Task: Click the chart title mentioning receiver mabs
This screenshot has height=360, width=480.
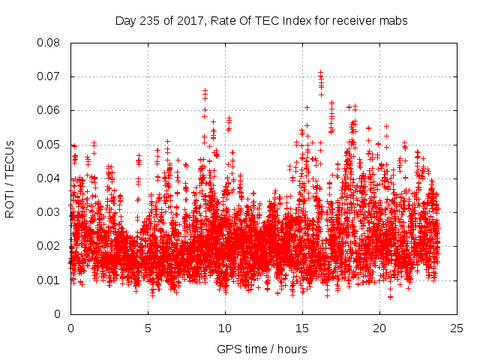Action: click(261, 21)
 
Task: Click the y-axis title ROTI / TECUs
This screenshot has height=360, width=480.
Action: click(10, 178)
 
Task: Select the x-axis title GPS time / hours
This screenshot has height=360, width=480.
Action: click(262, 349)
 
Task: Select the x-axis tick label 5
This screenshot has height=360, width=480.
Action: click(148, 328)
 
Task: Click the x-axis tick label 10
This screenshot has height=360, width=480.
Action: click(225, 328)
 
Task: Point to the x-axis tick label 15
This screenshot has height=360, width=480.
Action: click(302, 328)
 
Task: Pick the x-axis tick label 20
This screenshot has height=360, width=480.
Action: click(379, 328)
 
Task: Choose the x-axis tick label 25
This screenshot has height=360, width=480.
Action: click(457, 328)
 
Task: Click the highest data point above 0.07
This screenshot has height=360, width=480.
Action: click(320, 73)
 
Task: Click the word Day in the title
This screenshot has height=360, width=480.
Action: click(126, 21)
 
